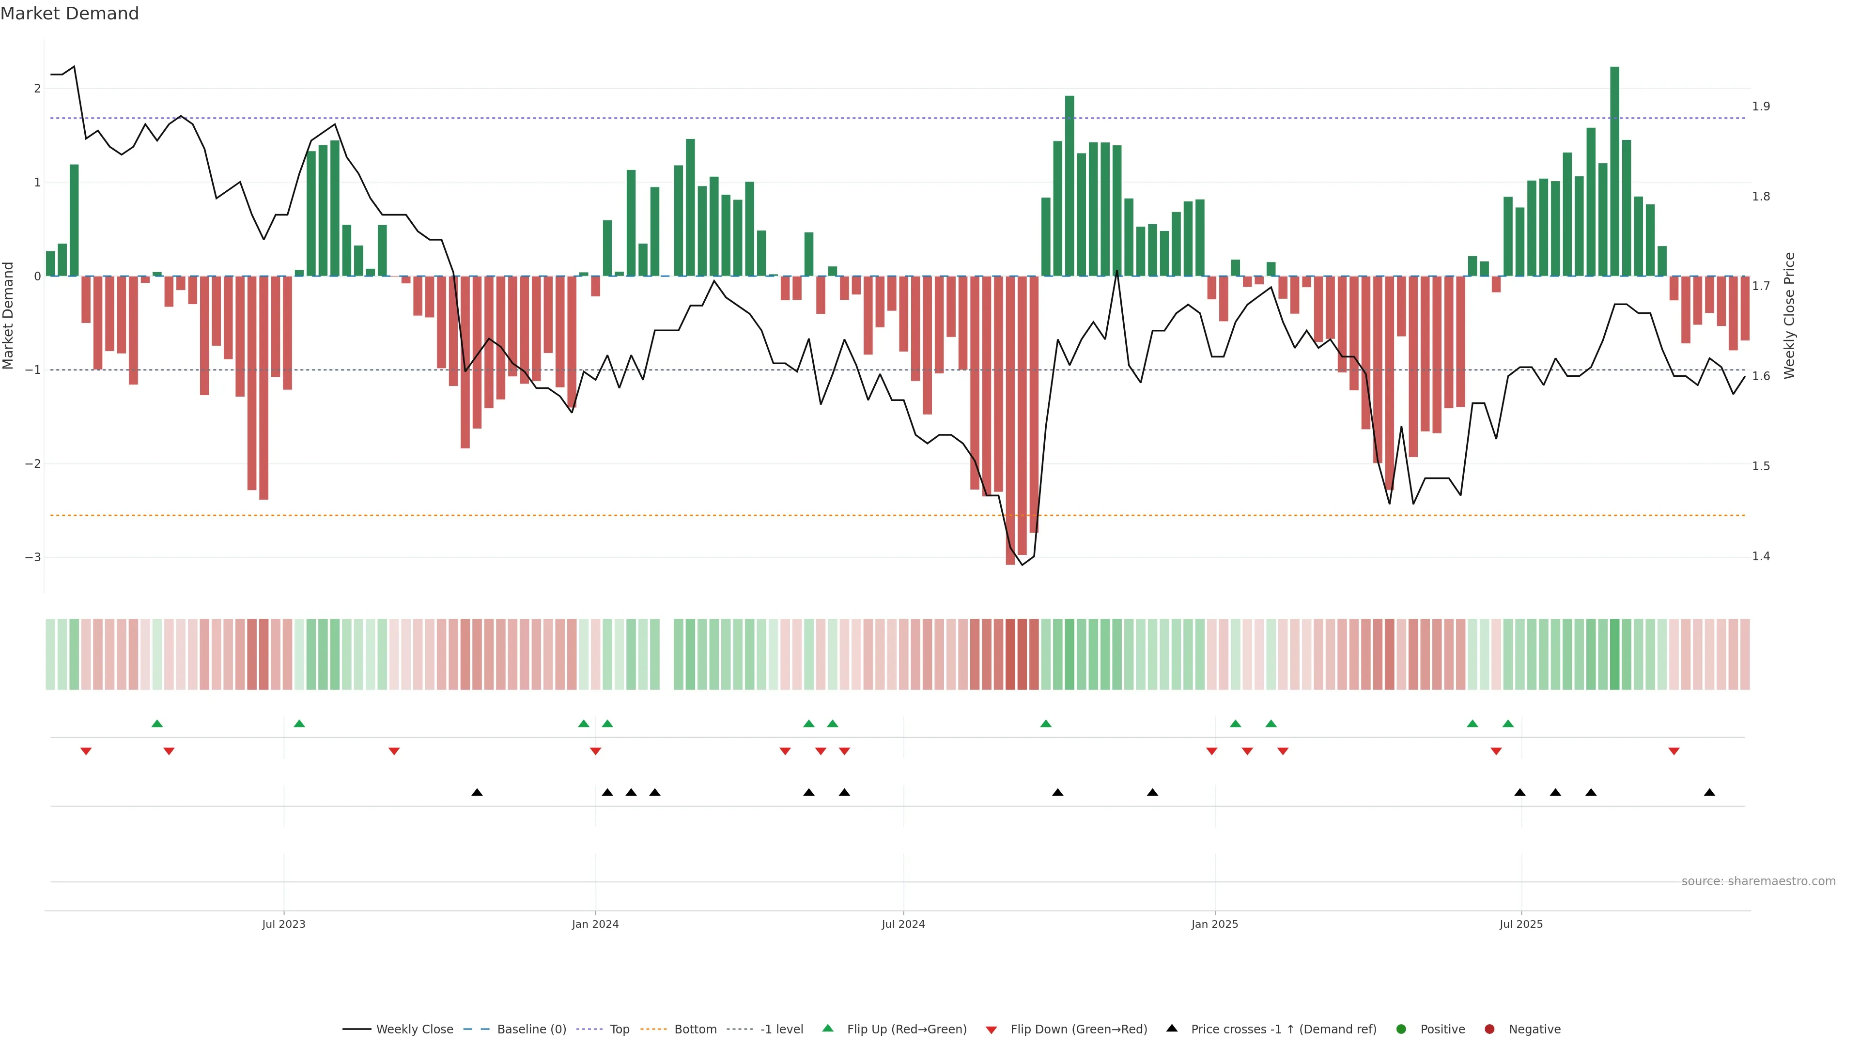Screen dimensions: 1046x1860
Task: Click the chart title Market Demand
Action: coord(69,14)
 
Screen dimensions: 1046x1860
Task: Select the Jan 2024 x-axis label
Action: coord(595,924)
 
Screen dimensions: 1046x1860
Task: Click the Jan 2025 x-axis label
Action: coord(1214,924)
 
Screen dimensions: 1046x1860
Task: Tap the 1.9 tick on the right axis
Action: coord(1761,106)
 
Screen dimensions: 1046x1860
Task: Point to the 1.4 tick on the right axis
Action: coord(1761,556)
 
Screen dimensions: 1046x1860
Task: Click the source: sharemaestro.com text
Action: coord(1758,881)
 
